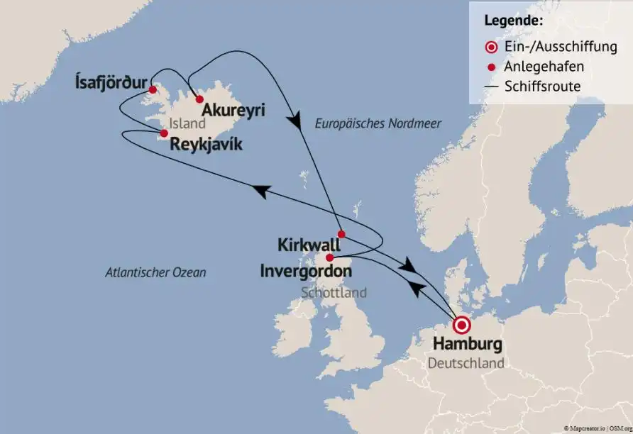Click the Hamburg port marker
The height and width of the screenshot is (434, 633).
[462, 325]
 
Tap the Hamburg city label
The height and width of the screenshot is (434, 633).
[467, 346]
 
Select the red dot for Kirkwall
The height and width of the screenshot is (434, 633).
[341, 234]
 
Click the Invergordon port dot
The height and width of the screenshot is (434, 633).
[329, 257]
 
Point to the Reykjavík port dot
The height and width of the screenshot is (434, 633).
[164, 133]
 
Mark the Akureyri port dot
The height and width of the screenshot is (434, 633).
[200, 99]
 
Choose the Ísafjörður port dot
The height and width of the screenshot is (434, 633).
[153, 89]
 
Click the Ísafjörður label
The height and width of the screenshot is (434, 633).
[111, 84]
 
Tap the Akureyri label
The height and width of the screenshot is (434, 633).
[228, 111]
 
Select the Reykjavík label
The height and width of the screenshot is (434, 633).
[206, 145]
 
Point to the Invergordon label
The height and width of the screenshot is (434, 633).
[306, 271]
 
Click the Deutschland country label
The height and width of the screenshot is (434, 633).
[467, 364]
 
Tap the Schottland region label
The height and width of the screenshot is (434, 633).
[334, 292]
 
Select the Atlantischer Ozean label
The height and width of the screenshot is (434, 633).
[155, 272]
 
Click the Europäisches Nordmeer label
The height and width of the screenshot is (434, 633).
[378, 123]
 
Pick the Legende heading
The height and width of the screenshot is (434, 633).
[514, 21]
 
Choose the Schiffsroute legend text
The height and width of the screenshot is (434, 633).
[542, 87]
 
